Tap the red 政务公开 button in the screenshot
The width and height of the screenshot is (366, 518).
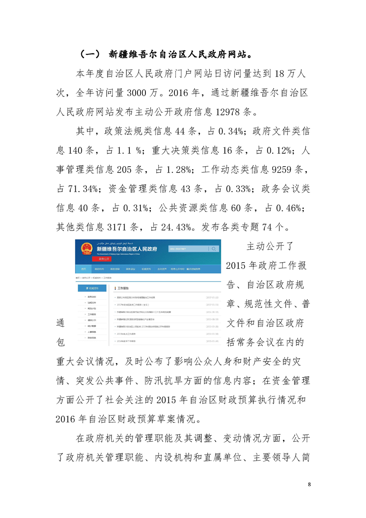pos(102,259)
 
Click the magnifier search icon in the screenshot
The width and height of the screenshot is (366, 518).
pos(214,249)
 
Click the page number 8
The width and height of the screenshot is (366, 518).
pos(309,484)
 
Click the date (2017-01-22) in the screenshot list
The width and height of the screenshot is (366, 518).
pos(212,297)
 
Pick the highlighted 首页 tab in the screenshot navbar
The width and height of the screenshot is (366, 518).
pos(83,268)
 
